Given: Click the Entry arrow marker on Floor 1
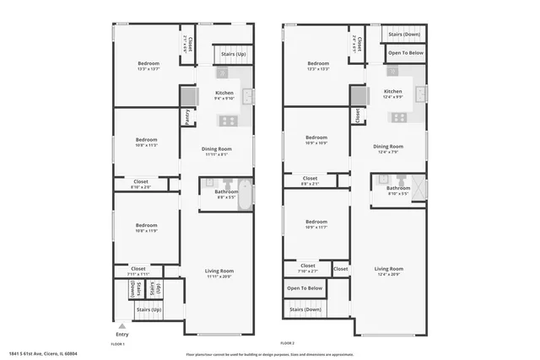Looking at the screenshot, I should [x=121, y=325].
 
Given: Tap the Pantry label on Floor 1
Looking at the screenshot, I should [x=186, y=117].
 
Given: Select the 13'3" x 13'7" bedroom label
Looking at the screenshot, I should [x=148, y=66].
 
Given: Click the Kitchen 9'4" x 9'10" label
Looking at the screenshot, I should [x=224, y=95].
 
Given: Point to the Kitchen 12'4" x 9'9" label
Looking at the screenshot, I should [x=393, y=94].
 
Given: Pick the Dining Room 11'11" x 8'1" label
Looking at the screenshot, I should [x=216, y=151].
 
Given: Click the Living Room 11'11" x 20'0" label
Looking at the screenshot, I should [x=218, y=273].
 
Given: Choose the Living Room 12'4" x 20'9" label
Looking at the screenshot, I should [x=389, y=271].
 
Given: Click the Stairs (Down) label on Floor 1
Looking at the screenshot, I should [x=132, y=287].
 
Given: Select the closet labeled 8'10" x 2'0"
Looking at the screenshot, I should [x=141, y=184].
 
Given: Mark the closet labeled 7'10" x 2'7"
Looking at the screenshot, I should [x=308, y=268].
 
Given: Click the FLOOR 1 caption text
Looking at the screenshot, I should [x=118, y=344].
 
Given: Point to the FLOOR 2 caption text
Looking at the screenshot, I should [x=287, y=344].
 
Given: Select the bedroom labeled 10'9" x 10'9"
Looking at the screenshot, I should [x=316, y=141].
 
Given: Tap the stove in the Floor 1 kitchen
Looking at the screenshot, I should [x=228, y=121].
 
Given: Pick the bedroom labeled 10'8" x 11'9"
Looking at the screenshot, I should [x=147, y=228].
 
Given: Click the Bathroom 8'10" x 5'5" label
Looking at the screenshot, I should [x=398, y=191].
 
